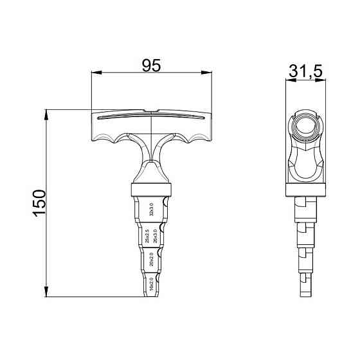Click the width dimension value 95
pos(151,65)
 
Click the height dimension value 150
pos(39,203)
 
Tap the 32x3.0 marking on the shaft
pos(152,210)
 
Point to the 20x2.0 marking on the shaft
pos(152,260)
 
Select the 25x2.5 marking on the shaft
pos(147,236)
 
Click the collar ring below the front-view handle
pos(152,190)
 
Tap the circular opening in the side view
pos(305,126)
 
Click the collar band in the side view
pos(305,189)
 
